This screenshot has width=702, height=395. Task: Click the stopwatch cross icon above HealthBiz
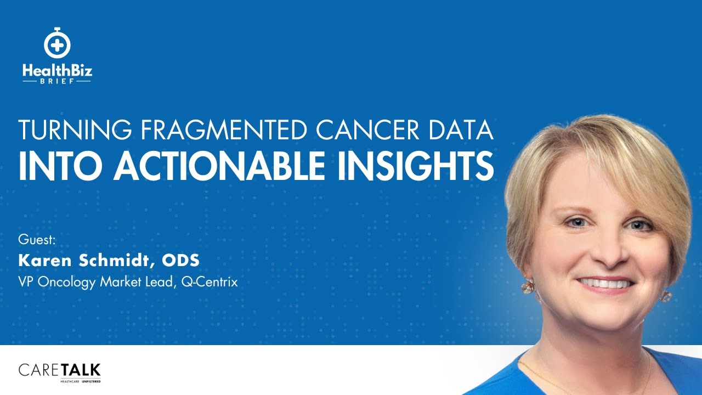point(56,43)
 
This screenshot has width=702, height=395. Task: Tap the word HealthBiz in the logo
point(56,70)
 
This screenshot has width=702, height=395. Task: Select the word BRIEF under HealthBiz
point(56,80)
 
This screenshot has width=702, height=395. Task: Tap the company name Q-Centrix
point(209,283)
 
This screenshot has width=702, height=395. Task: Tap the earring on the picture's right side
point(666,296)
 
